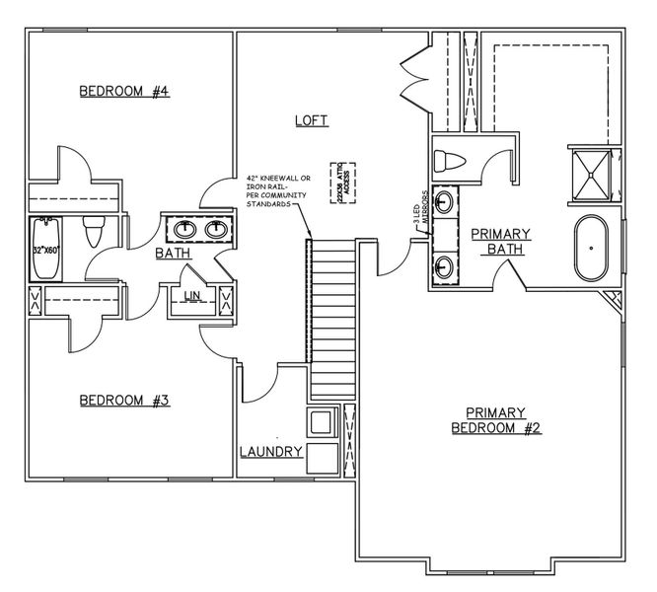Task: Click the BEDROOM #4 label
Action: tap(125, 92)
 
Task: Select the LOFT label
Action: tap(311, 120)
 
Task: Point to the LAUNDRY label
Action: tap(270, 452)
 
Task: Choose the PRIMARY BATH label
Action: tap(500, 241)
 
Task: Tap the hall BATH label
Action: tap(172, 254)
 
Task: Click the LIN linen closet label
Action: tap(193, 295)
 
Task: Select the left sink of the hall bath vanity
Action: tap(185, 231)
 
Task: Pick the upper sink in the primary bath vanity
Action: tap(446, 203)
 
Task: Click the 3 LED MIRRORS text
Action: tap(419, 210)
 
